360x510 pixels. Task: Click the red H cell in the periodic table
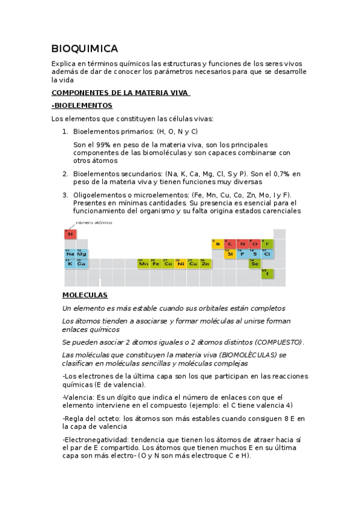click(70, 233)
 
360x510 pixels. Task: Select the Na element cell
click(70, 254)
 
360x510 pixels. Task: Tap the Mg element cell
click(82, 254)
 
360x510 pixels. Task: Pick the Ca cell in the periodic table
click(82, 263)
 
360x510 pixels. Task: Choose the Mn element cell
click(144, 263)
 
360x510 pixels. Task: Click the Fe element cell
click(156, 263)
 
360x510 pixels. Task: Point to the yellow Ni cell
click(181, 263)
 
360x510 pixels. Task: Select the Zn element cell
click(206, 263)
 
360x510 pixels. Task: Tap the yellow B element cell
click(218, 244)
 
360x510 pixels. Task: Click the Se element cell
click(255, 263)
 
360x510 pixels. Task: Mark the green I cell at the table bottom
click(267, 274)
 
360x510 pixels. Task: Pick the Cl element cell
click(267, 254)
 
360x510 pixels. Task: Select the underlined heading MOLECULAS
click(85, 295)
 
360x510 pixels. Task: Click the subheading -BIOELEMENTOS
click(82, 105)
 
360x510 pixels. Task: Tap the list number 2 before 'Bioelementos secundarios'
click(65, 173)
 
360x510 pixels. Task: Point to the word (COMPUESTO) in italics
click(279, 342)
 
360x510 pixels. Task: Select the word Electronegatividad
click(96, 440)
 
